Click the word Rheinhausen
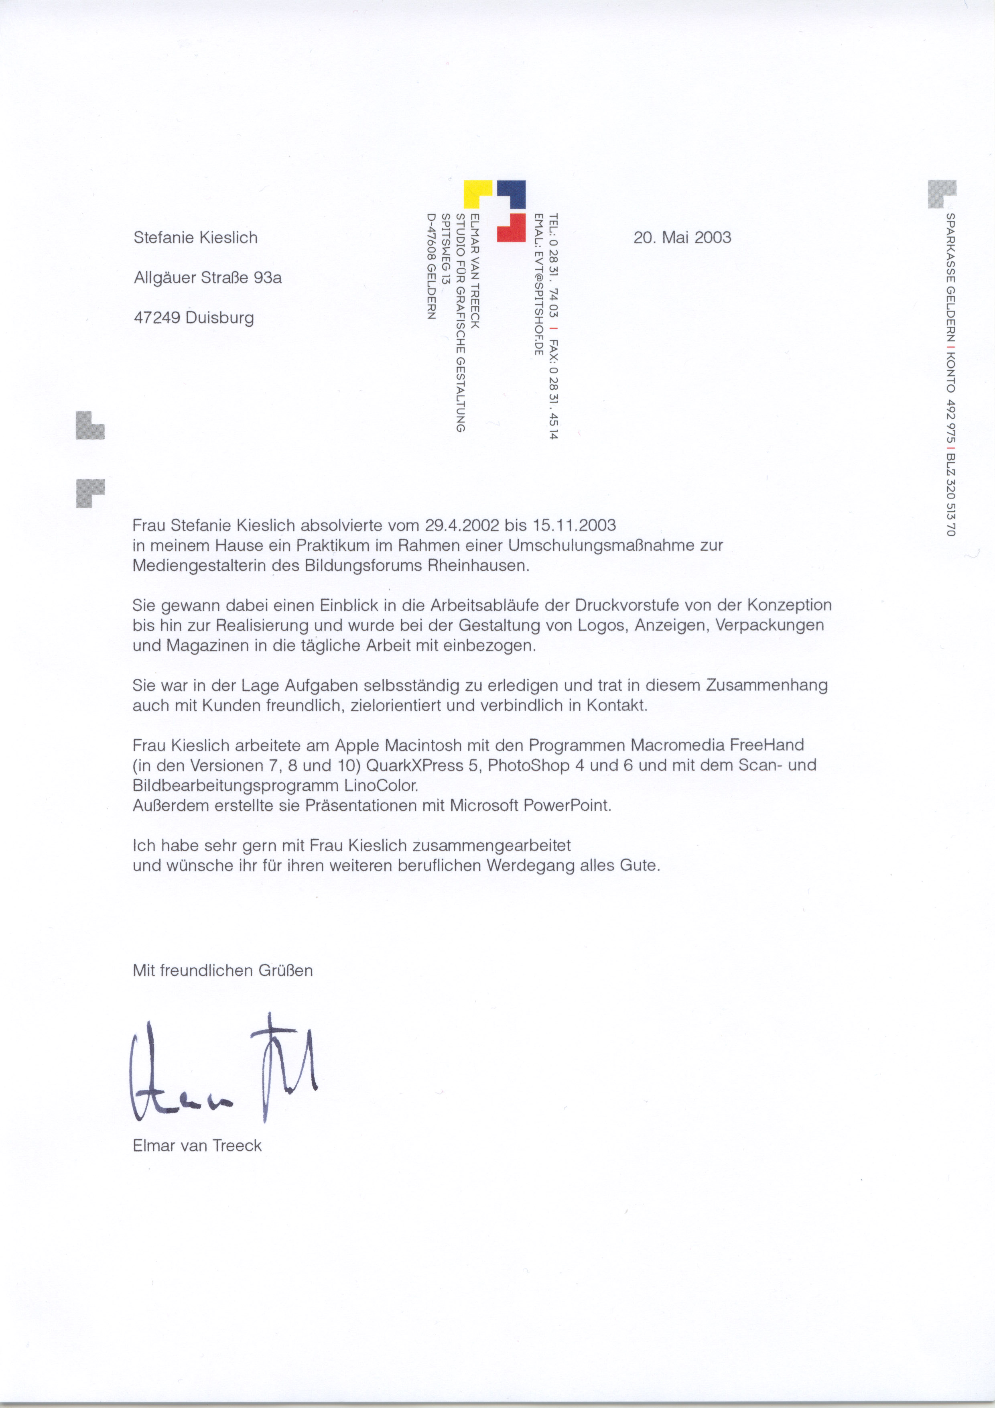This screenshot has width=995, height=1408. pyautogui.click(x=478, y=566)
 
